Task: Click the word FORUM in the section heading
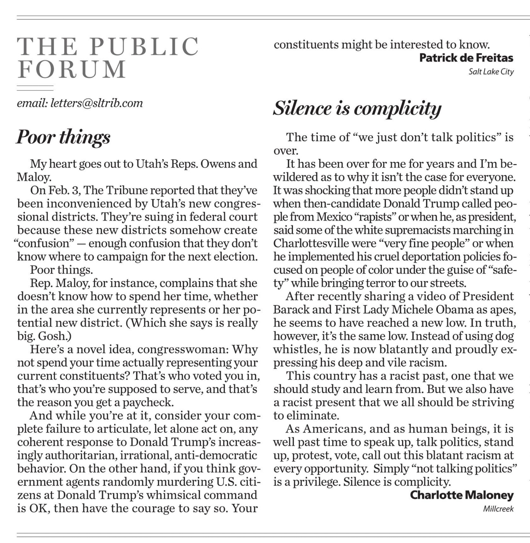click(x=71, y=69)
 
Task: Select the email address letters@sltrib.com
click(x=97, y=103)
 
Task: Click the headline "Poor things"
click(x=63, y=137)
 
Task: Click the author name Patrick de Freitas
click(x=466, y=58)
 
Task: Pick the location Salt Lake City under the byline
click(x=491, y=72)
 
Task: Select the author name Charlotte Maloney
click(x=462, y=495)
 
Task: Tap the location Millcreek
click(x=498, y=509)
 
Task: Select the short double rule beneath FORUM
click(x=35, y=88)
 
